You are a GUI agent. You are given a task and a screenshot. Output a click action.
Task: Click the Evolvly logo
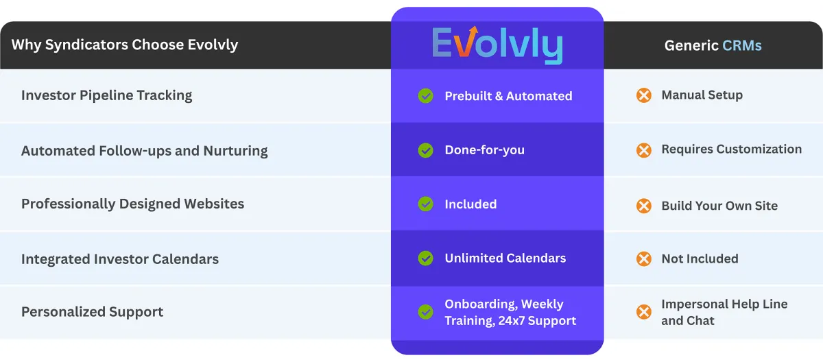coord(497,46)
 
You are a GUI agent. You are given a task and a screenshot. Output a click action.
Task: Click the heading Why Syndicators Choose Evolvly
coord(125,45)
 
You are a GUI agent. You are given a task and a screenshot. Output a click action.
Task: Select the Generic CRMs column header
coord(713,46)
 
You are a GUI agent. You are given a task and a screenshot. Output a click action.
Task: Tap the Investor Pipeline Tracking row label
coord(106,95)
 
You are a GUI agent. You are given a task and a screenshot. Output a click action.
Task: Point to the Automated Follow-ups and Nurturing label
coord(144,151)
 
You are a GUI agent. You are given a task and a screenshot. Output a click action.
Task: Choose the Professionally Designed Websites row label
coord(132,204)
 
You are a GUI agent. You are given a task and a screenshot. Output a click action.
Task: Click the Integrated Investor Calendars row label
coord(120,259)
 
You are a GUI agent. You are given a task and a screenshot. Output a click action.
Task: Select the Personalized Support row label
coord(92,312)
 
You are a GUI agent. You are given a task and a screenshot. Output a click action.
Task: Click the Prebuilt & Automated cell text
coord(508,96)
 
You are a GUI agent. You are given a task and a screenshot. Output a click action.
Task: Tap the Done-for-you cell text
coord(484,150)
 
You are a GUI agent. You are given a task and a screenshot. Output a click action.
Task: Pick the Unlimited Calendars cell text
coord(505,259)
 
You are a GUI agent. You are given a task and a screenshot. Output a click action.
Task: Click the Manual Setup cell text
coord(702,95)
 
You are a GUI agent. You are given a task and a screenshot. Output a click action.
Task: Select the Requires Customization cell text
coord(731,149)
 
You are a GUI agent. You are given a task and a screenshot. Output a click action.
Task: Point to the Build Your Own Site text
coord(719,206)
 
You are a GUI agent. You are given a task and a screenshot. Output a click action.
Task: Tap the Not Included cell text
coord(700,259)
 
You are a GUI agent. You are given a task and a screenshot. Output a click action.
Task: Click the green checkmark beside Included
coord(426,204)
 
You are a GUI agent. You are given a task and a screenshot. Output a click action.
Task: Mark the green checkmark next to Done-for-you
coord(426,150)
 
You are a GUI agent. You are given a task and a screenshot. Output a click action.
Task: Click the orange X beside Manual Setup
coord(643,95)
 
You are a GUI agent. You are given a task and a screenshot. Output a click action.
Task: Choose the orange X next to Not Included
coord(643,259)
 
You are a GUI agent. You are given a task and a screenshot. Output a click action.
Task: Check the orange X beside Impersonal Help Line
coord(643,312)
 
